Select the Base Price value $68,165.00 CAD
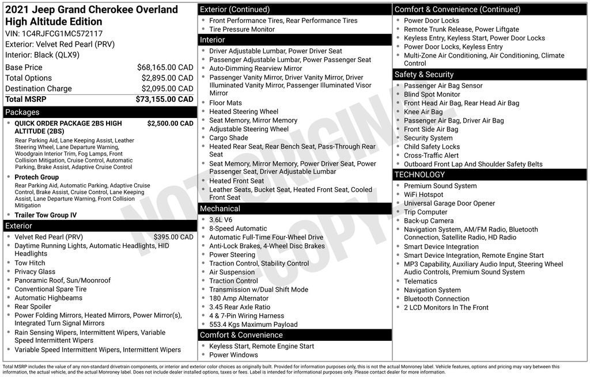(165, 67)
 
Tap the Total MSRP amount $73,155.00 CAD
(164, 99)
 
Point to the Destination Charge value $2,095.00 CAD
(167, 89)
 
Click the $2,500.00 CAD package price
(170, 123)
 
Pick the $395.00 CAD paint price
(173, 237)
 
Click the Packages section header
(22, 112)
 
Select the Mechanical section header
(220, 208)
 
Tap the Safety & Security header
(424, 74)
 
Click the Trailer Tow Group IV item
(46, 215)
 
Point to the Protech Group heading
(36, 177)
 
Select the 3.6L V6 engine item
(221, 220)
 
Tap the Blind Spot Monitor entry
(432, 94)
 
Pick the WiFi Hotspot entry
(423, 195)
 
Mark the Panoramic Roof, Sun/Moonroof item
(62, 280)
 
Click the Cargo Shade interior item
(229, 138)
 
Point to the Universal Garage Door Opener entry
(449, 203)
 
